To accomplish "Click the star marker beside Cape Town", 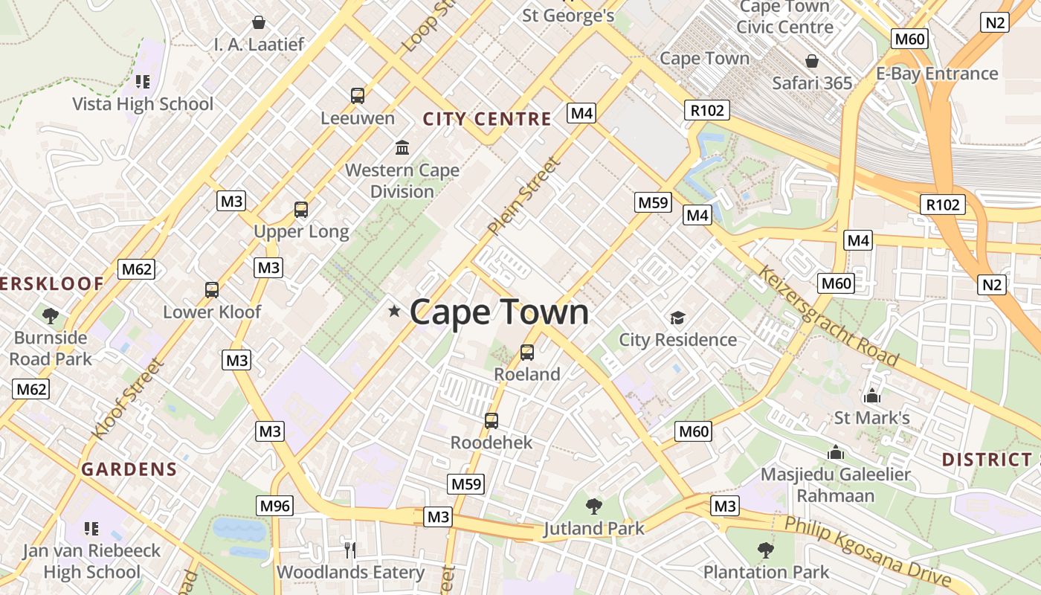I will pyautogui.click(x=394, y=311).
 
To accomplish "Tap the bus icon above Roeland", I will pyautogui.click(x=527, y=352).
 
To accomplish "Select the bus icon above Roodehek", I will pyautogui.click(x=492, y=421).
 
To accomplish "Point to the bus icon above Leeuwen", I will pyautogui.click(x=358, y=95).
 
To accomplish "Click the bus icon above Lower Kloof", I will pyautogui.click(x=212, y=290).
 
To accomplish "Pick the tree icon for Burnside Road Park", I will pyautogui.click(x=51, y=316).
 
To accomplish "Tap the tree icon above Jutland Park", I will pyautogui.click(x=593, y=506).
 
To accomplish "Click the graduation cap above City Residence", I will pyautogui.click(x=677, y=318).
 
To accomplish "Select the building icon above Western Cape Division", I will pyautogui.click(x=402, y=147).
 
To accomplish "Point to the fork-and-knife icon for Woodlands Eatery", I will pyautogui.click(x=350, y=550).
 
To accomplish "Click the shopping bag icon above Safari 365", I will pyautogui.click(x=812, y=60).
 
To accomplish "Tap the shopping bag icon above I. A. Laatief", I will pyautogui.click(x=259, y=22).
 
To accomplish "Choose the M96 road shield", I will pyautogui.click(x=274, y=506).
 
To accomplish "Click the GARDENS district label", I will pyautogui.click(x=129, y=469).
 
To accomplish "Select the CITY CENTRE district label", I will pyautogui.click(x=487, y=119).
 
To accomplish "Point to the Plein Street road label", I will pyautogui.click(x=523, y=196).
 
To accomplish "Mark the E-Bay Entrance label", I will pyautogui.click(x=936, y=74).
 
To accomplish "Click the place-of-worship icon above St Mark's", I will pyautogui.click(x=872, y=395).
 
